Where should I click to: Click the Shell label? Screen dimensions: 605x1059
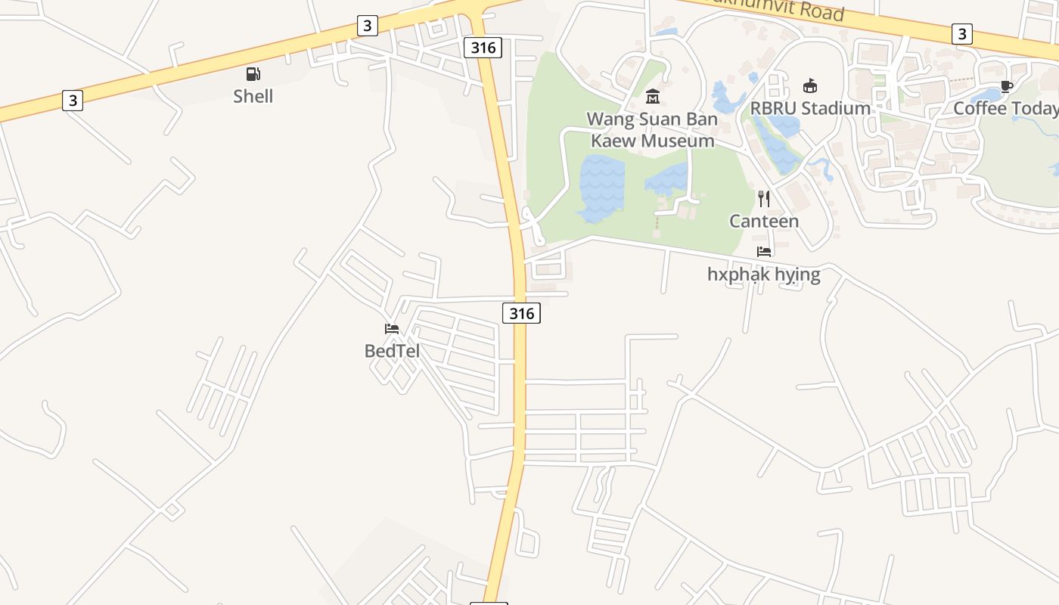click(x=253, y=96)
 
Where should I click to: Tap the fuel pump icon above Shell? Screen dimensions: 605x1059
click(x=253, y=74)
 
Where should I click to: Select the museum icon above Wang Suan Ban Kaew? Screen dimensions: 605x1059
click(x=653, y=96)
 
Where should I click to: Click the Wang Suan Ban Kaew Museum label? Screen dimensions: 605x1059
click(x=652, y=129)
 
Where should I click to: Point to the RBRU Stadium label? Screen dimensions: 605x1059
click(x=810, y=108)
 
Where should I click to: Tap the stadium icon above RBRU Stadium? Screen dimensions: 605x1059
click(x=810, y=85)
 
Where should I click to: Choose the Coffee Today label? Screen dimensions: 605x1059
click(x=1005, y=108)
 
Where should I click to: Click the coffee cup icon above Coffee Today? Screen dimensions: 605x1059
click(x=1006, y=86)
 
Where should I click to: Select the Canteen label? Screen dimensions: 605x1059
click(x=764, y=221)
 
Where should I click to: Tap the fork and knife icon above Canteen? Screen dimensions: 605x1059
click(x=764, y=199)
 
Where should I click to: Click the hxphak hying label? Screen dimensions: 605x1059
click(x=763, y=274)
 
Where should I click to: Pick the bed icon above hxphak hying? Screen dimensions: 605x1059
click(x=764, y=251)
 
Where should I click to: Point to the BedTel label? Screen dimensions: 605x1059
click(x=392, y=351)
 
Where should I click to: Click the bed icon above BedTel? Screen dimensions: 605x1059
click(x=392, y=328)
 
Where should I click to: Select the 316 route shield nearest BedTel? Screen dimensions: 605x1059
click(x=521, y=312)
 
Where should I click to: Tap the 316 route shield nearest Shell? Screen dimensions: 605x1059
click(x=483, y=48)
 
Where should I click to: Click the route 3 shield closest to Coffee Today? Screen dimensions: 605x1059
click(x=961, y=33)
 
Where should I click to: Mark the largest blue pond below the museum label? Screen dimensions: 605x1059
click(x=601, y=188)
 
